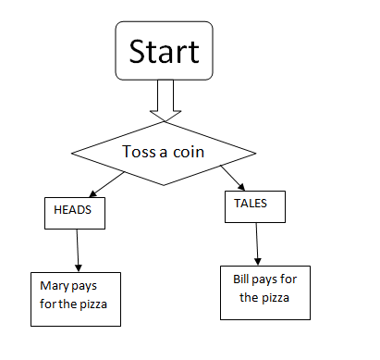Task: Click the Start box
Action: [164, 50]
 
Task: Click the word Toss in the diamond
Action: [139, 151]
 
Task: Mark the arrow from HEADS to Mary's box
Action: [78, 249]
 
